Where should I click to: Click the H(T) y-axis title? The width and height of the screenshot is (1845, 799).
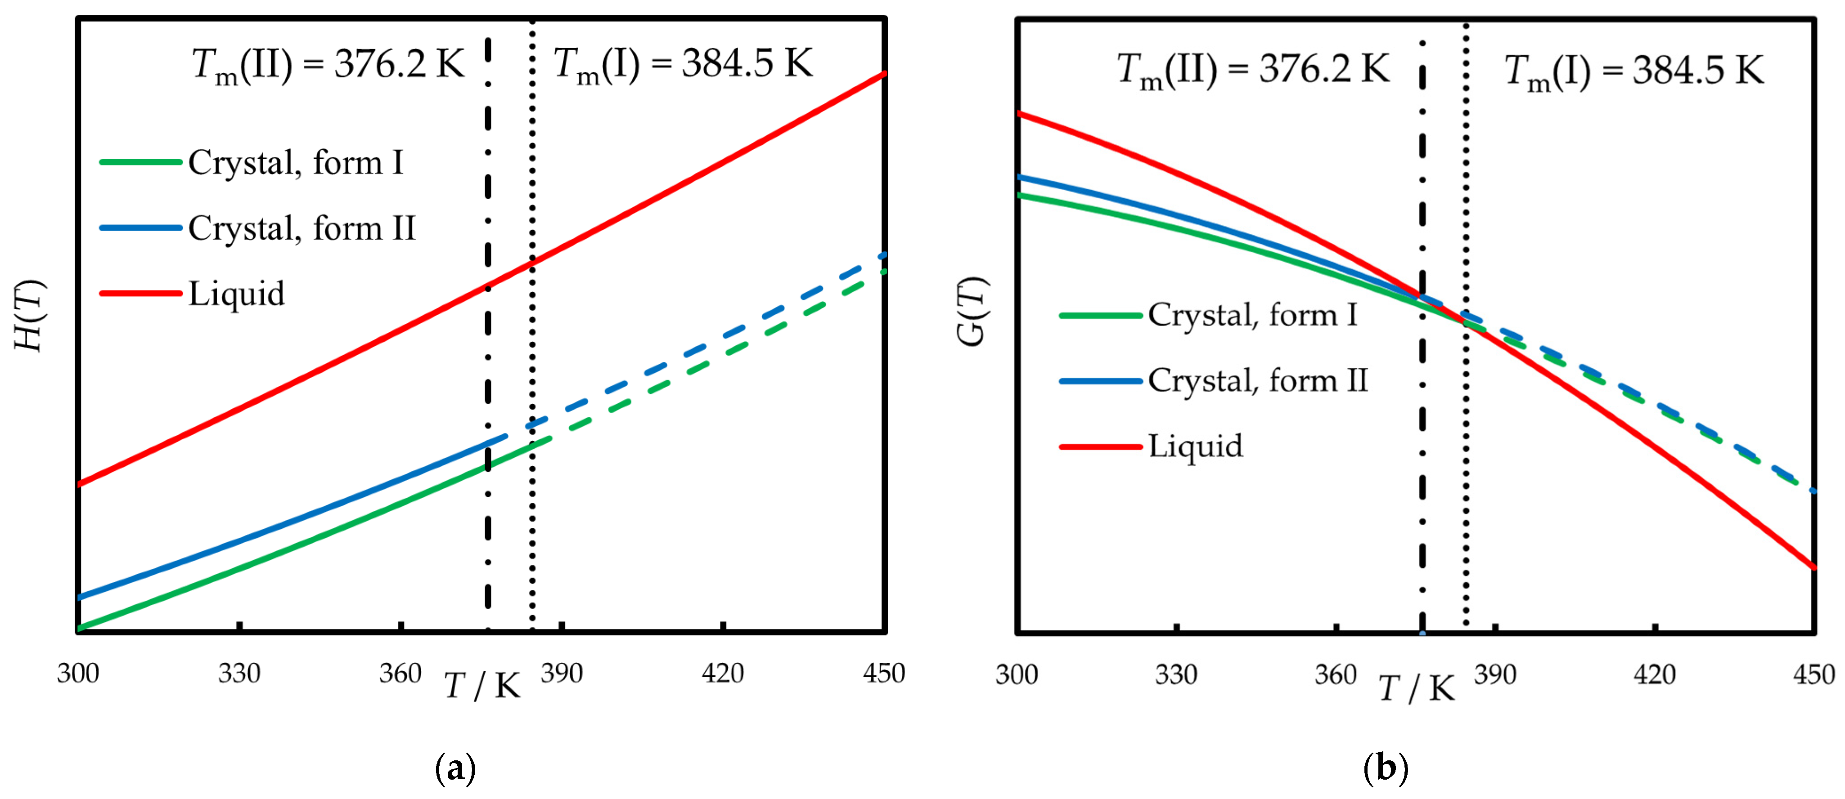tap(30, 315)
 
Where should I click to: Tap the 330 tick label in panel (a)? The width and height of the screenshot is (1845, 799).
tap(239, 674)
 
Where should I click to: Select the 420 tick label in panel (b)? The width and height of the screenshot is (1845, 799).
tap(1655, 675)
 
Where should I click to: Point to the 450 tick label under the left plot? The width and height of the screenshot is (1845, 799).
tap(884, 674)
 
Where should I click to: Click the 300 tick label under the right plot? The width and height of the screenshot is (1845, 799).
tap(1017, 675)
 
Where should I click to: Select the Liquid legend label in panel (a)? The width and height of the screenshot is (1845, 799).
tap(236, 294)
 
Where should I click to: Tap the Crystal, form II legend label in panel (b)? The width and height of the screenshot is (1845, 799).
tap(1258, 381)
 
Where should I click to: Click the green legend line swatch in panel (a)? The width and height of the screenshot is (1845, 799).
tap(140, 162)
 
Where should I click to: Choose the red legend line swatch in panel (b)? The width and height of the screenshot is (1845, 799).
tap(1101, 447)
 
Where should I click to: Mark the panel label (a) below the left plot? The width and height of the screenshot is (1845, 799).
tap(455, 769)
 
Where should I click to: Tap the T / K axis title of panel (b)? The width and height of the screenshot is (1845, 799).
tap(1416, 689)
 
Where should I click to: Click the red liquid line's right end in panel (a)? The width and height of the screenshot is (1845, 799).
tap(882, 75)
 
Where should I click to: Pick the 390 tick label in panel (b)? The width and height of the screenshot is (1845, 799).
tap(1495, 675)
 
